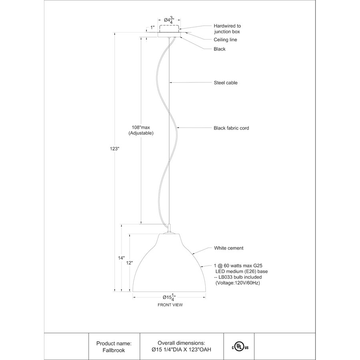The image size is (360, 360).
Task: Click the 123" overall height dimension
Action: (x=114, y=148)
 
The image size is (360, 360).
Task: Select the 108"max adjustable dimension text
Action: (x=141, y=130)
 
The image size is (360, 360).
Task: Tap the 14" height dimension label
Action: (x=121, y=258)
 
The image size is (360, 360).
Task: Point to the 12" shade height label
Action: (x=129, y=263)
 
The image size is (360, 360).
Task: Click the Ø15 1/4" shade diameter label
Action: (x=169, y=297)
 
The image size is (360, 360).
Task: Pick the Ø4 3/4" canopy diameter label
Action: (x=169, y=20)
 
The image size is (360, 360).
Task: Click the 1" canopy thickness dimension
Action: (x=152, y=28)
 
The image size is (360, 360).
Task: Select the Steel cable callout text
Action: (x=226, y=83)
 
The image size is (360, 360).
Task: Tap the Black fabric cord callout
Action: (x=231, y=128)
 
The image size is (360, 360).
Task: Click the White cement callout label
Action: (x=229, y=248)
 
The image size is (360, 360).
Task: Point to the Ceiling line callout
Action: (x=225, y=40)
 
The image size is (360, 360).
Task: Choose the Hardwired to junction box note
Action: (x=227, y=29)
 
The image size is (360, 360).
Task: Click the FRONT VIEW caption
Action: (x=170, y=305)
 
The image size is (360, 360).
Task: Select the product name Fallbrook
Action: (x=114, y=350)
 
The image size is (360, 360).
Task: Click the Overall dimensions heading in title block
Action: (x=181, y=343)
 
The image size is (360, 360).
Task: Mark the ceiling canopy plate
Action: (x=169, y=34)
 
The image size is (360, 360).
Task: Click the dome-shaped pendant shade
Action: (x=169, y=263)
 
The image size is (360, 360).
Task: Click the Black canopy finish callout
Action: (x=220, y=49)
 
